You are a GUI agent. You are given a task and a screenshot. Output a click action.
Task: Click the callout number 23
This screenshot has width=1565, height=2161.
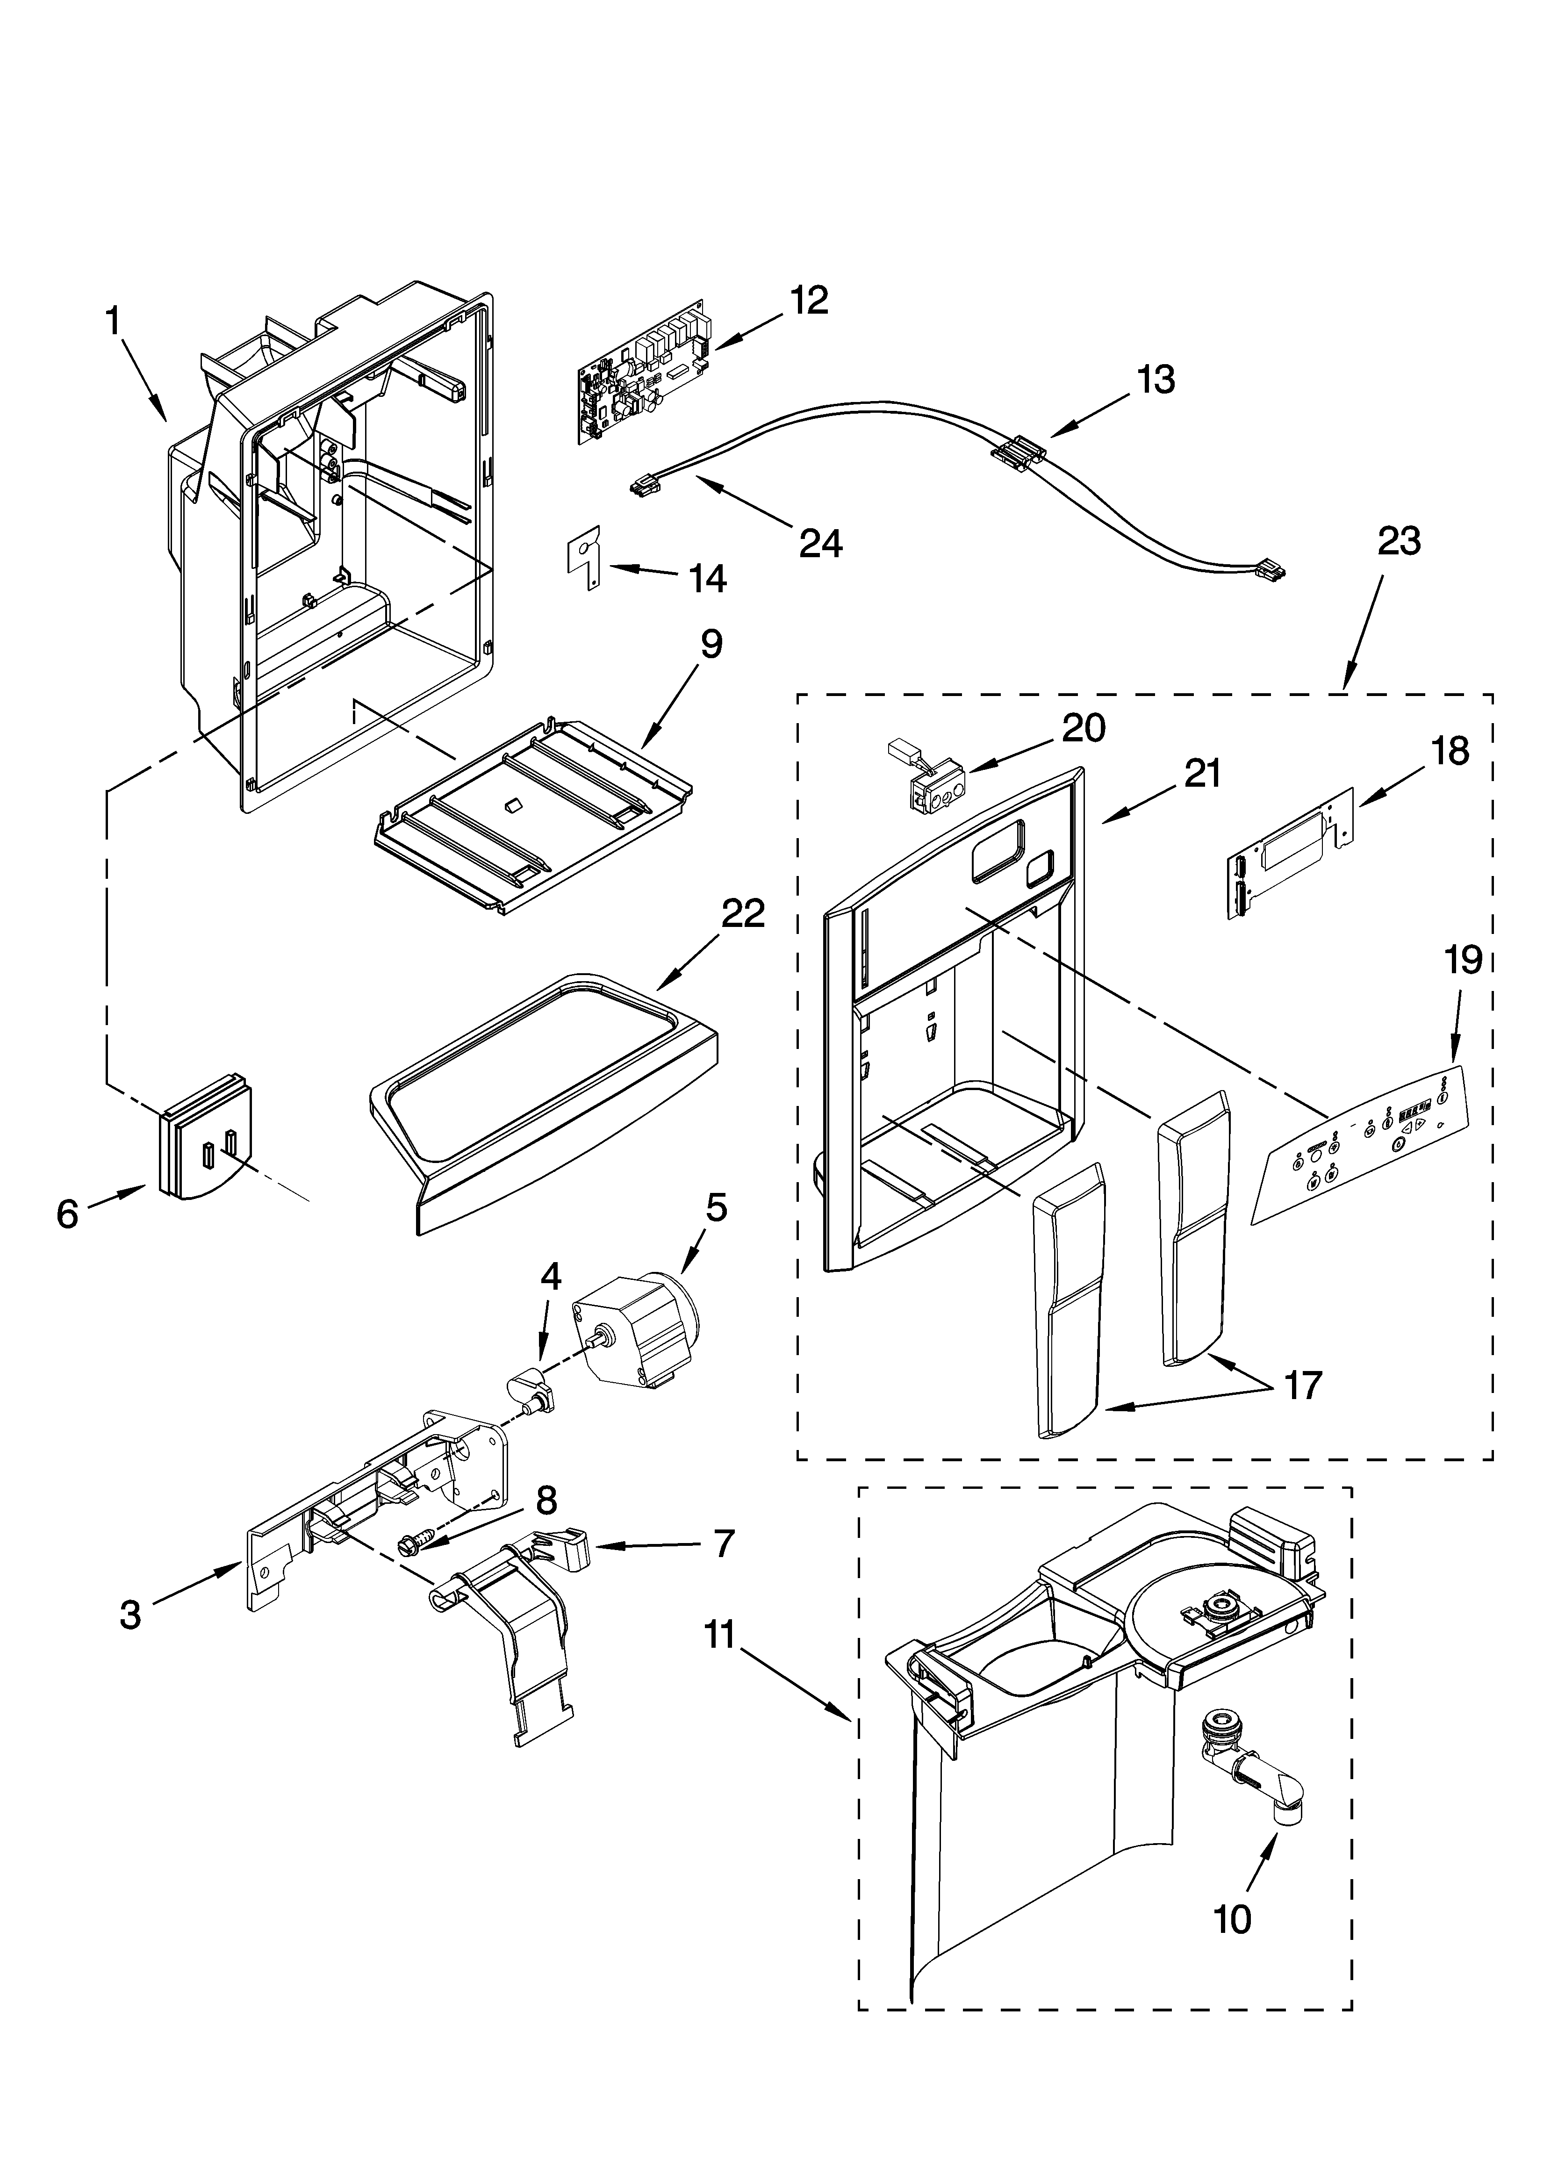coord(1398,541)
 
